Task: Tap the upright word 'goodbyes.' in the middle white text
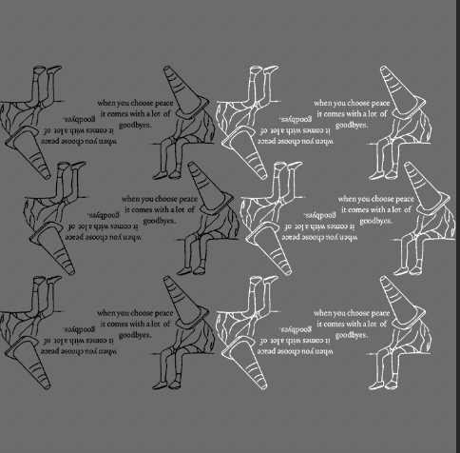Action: click(x=376, y=220)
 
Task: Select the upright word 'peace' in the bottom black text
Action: click(x=163, y=312)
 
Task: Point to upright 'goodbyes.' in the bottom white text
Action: click(x=353, y=335)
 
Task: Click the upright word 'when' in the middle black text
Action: click(x=131, y=199)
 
